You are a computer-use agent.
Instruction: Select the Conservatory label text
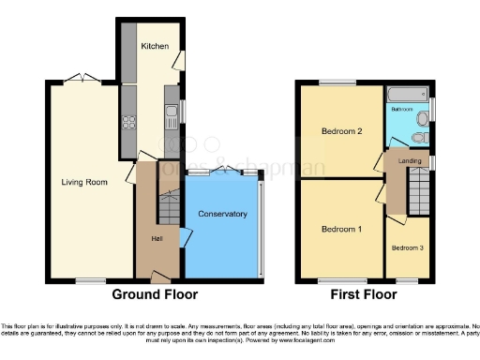[x=222, y=215]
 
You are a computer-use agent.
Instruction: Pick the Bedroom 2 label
[x=341, y=131]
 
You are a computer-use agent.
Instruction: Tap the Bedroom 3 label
[x=407, y=248]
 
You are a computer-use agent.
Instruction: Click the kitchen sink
[x=172, y=119]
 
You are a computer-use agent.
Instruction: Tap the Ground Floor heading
[x=155, y=294]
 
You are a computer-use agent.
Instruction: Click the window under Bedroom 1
[x=330, y=279]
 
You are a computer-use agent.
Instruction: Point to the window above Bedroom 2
[x=330, y=82]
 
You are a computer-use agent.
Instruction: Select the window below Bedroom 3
[x=407, y=279]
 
